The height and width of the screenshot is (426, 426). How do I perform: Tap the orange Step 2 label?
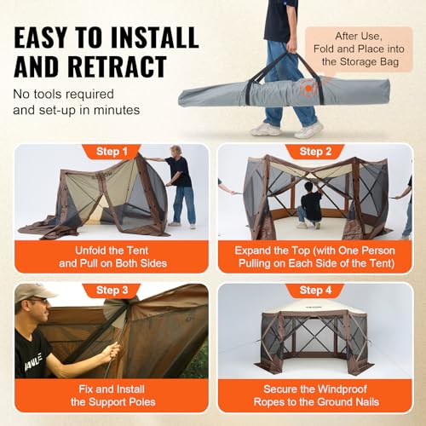pos(315,152)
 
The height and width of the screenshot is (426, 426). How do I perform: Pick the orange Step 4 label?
pos(315,291)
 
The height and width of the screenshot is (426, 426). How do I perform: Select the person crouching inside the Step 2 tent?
pos(312,207)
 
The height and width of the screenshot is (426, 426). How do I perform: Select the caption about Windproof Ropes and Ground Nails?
pos(315,394)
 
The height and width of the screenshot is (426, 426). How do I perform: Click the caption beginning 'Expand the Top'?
pos(315,256)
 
